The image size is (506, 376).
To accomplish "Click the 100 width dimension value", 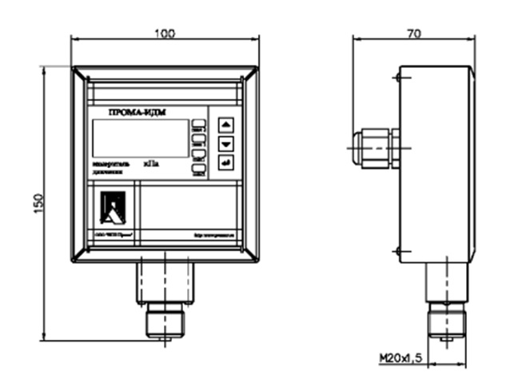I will pos(165,34).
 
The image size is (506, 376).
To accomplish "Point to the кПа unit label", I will pos(151,163).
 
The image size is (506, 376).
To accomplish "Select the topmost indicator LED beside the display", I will pos(197,123).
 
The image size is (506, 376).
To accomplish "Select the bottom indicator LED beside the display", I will pos(197,170).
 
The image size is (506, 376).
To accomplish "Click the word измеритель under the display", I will pos(108,163).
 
